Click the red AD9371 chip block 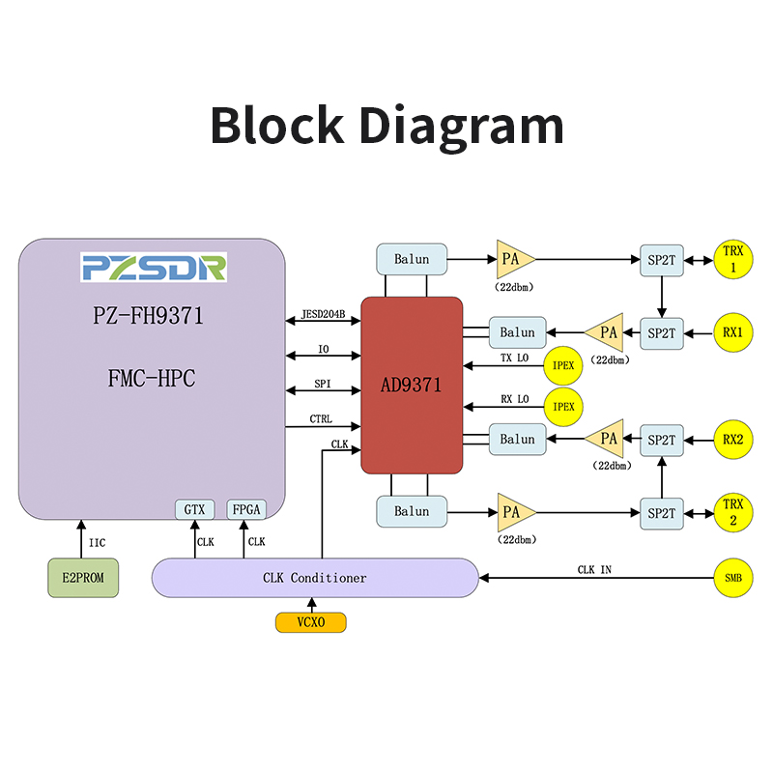412,385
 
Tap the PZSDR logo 154,268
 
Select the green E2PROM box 83,578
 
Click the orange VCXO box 311,623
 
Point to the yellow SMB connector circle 733,578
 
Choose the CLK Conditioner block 315,578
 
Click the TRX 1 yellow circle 733,259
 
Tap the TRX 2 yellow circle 733,512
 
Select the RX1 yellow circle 733,332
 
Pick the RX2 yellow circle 733,440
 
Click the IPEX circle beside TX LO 563,365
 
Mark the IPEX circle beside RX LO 563,406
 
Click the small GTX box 193,510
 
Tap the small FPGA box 245,510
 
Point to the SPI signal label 323,384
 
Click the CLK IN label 594,570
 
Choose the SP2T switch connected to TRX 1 662,259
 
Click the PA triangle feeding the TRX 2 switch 513,512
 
